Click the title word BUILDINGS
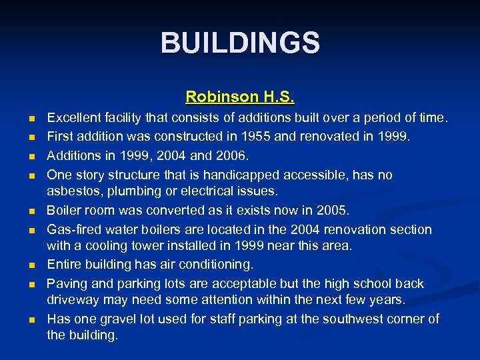(240, 43)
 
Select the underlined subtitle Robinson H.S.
(240, 97)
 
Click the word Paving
(65, 284)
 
